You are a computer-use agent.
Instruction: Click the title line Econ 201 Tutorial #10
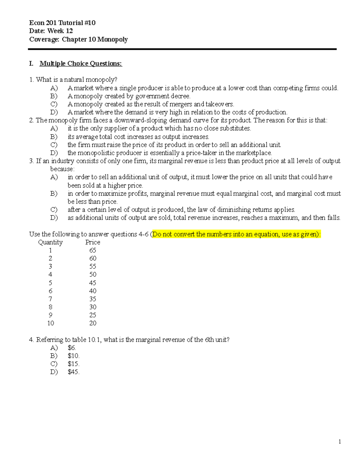point(62,23)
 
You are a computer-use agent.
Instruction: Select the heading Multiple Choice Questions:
point(81,64)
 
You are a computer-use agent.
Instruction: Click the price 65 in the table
point(92,250)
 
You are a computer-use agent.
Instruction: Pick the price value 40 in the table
point(92,291)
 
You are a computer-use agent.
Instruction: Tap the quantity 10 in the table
point(50,323)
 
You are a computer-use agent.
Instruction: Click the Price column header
point(92,242)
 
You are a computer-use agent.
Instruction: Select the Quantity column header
point(50,242)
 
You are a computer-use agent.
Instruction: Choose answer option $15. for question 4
point(73,364)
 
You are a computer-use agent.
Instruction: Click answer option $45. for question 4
point(73,372)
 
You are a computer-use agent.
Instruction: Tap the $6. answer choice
point(72,348)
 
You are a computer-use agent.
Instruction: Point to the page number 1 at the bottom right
point(340,441)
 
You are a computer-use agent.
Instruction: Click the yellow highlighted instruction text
point(236,234)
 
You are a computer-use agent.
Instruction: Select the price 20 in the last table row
point(92,323)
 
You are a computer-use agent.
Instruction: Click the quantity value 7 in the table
point(50,299)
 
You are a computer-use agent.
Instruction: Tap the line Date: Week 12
point(51,31)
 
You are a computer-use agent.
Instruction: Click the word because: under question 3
point(62,169)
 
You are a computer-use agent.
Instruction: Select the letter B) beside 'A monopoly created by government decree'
point(54,96)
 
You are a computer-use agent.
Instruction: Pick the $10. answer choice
point(73,356)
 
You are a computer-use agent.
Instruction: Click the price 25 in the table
point(92,315)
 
